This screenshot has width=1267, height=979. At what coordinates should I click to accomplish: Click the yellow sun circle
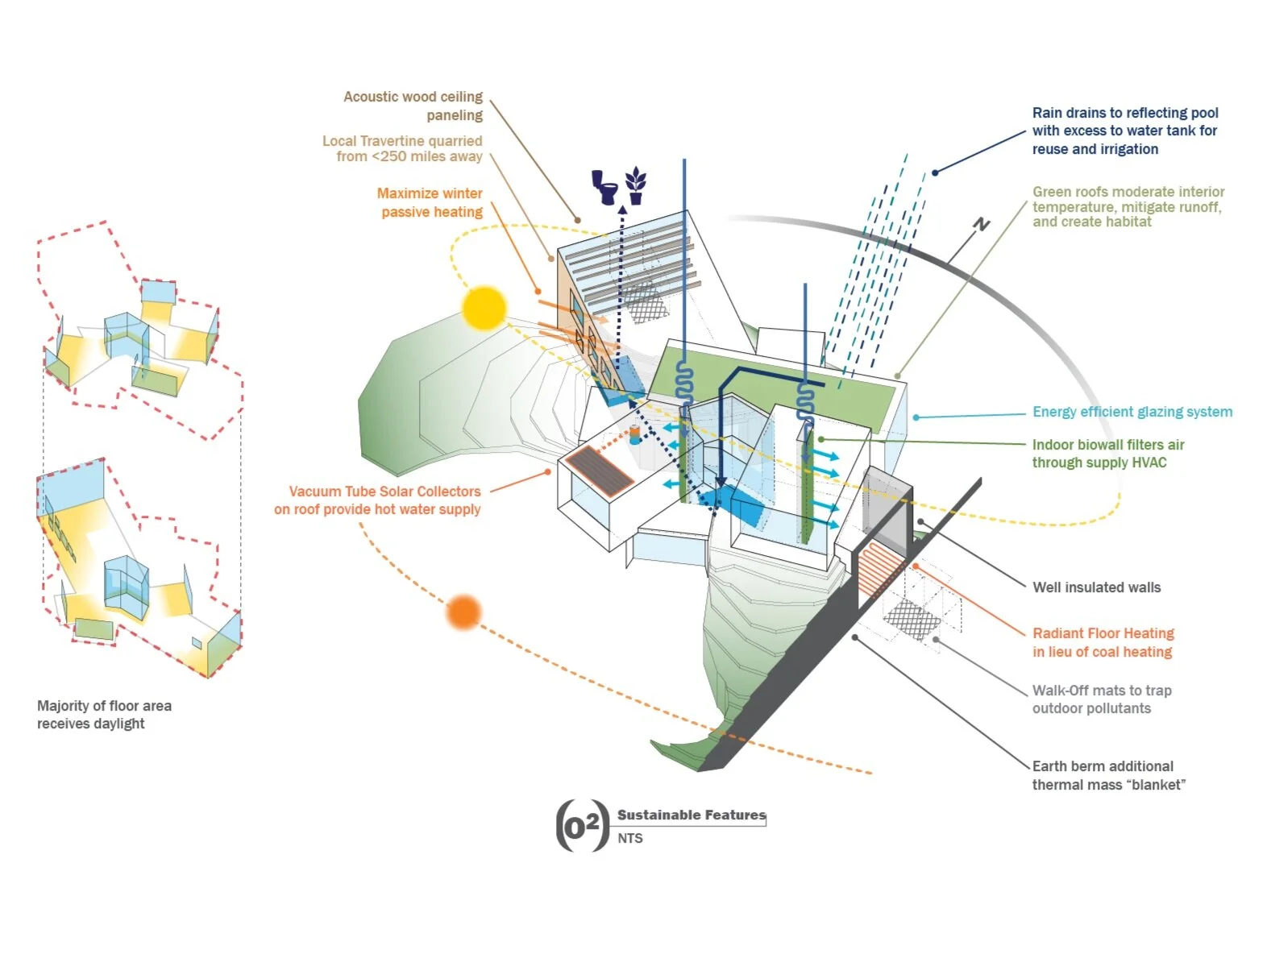[x=484, y=308]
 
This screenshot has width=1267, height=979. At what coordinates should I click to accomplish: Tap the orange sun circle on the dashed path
[x=463, y=612]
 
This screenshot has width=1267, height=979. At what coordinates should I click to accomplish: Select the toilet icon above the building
[x=605, y=186]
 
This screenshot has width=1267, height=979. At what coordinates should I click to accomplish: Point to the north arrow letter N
[x=981, y=225]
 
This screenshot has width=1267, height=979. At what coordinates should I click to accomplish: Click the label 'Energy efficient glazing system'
[x=1132, y=412]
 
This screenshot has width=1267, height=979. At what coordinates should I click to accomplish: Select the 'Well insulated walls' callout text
[x=1096, y=587]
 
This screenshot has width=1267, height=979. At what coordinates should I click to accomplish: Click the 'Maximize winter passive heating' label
[x=430, y=202]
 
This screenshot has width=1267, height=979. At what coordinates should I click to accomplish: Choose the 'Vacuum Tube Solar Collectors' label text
[x=384, y=492]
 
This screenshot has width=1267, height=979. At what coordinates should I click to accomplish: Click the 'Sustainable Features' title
[x=691, y=815]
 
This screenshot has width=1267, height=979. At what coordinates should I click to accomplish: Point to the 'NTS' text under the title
[x=629, y=838]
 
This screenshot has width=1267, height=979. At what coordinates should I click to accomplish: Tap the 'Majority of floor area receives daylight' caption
[x=104, y=715]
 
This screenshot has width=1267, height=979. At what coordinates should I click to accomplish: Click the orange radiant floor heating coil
[x=879, y=567]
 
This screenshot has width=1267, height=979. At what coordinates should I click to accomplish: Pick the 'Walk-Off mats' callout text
[x=1101, y=699]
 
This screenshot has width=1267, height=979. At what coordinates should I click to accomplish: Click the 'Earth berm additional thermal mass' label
[x=1107, y=775]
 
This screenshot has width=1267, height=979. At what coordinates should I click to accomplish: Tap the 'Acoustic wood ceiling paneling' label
[x=413, y=106]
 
